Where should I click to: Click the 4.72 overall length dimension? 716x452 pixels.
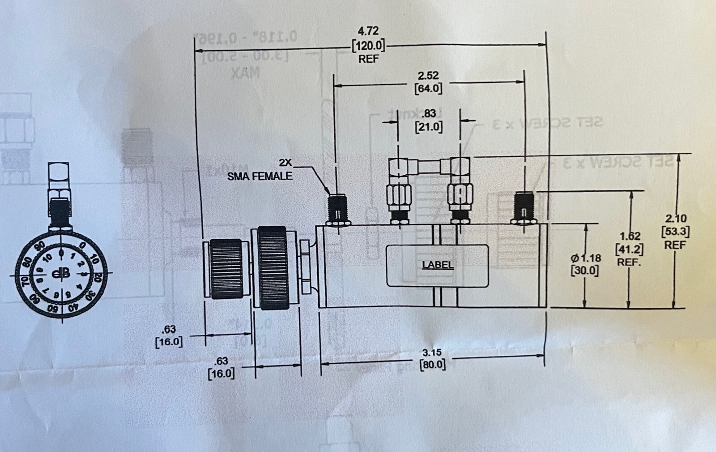pos(368,31)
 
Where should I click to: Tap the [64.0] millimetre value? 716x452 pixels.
pos(428,88)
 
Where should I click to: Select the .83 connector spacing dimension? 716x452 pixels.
pos(428,114)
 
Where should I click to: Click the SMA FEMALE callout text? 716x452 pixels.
pos(260,176)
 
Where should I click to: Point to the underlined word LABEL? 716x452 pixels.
pos(438,265)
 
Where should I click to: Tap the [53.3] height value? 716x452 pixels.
pos(675,232)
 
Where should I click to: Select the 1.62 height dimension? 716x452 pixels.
pos(630,236)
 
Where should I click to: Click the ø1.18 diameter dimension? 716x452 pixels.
pos(585,258)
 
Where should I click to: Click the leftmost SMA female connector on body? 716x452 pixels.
pos(338,209)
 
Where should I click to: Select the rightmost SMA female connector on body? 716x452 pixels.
pos(523,208)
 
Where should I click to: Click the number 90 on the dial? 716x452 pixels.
pos(40,245)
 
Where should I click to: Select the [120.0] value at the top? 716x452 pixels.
pos(368,45)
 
